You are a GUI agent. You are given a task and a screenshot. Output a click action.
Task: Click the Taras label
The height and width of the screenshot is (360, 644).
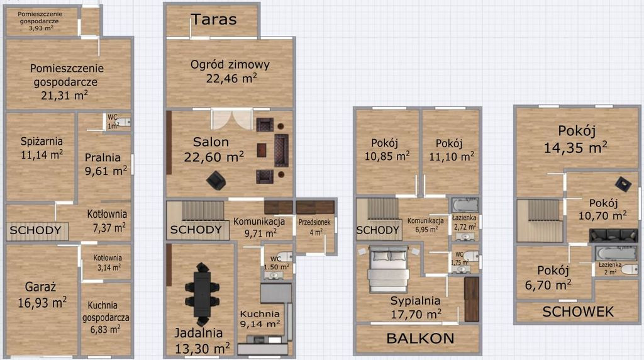click(214, 20)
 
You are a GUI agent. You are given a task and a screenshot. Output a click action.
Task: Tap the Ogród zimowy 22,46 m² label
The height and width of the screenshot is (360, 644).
click(230, 71)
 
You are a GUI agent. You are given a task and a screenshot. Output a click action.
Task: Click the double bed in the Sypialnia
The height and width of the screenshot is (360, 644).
click(388, 268)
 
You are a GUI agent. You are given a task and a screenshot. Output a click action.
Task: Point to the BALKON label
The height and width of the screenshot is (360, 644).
click(420, 339)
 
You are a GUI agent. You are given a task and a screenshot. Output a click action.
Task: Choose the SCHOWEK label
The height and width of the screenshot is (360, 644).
click(578, 312)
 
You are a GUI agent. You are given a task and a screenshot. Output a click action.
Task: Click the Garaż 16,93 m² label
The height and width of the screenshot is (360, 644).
click(42, 295)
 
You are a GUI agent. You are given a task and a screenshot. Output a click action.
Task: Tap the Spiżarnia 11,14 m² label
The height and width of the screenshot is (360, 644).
click(42, 148)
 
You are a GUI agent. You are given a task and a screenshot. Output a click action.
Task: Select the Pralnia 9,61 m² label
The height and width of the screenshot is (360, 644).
click(106, 164)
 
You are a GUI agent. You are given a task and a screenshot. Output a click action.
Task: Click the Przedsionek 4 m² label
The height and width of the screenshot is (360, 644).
click(314, 227)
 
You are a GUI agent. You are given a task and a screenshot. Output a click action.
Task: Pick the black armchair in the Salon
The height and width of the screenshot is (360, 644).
click(216, 180)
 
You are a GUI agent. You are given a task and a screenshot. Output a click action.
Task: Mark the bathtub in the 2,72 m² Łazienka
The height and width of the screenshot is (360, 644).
click(465, 205)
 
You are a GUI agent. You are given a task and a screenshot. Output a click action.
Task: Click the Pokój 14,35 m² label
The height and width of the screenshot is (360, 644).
click(576, 139)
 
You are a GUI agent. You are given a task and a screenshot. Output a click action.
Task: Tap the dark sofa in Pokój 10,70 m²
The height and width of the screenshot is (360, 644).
click(613, 235)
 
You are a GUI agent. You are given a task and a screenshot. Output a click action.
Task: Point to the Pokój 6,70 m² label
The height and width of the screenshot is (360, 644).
click(548, 278)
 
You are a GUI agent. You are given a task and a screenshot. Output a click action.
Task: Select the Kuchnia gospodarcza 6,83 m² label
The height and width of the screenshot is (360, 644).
click(106, 317)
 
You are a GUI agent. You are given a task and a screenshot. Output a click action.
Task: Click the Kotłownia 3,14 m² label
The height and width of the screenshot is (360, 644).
click(107, 262)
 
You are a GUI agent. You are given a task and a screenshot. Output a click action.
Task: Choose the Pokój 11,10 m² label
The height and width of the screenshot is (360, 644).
click(452, 150)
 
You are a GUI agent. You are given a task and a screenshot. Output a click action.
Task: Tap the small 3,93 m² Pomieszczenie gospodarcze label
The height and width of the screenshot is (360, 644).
click(40, 21)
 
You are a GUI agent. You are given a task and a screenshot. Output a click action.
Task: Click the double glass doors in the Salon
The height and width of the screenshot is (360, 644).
click(231, 119)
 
